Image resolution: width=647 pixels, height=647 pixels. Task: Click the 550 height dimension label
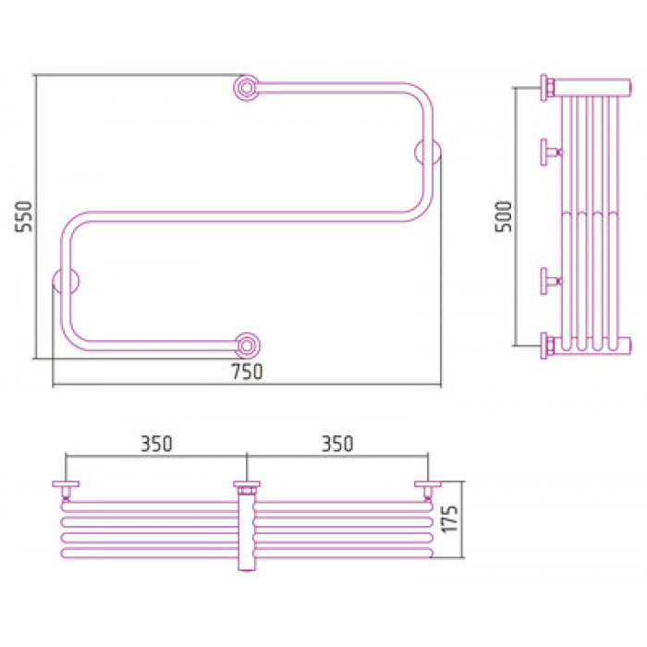[x=23, y=216]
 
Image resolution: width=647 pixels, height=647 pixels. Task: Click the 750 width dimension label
[x=247, y=372]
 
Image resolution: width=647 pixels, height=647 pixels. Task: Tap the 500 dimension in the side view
[x=504, y=216]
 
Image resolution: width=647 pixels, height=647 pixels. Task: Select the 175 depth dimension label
[x=450, y=519]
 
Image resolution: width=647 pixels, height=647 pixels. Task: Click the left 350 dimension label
[x=156, y=444]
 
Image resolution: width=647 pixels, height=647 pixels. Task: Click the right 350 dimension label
[x=337, y=444]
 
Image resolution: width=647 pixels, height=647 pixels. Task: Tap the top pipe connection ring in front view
[x=247, y=88]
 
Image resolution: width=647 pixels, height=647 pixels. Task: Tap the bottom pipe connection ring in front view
[x=247, y=346]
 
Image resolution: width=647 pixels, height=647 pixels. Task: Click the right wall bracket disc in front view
[x=428, y=153]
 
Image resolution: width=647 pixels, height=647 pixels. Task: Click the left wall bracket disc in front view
[x=66, y=281]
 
